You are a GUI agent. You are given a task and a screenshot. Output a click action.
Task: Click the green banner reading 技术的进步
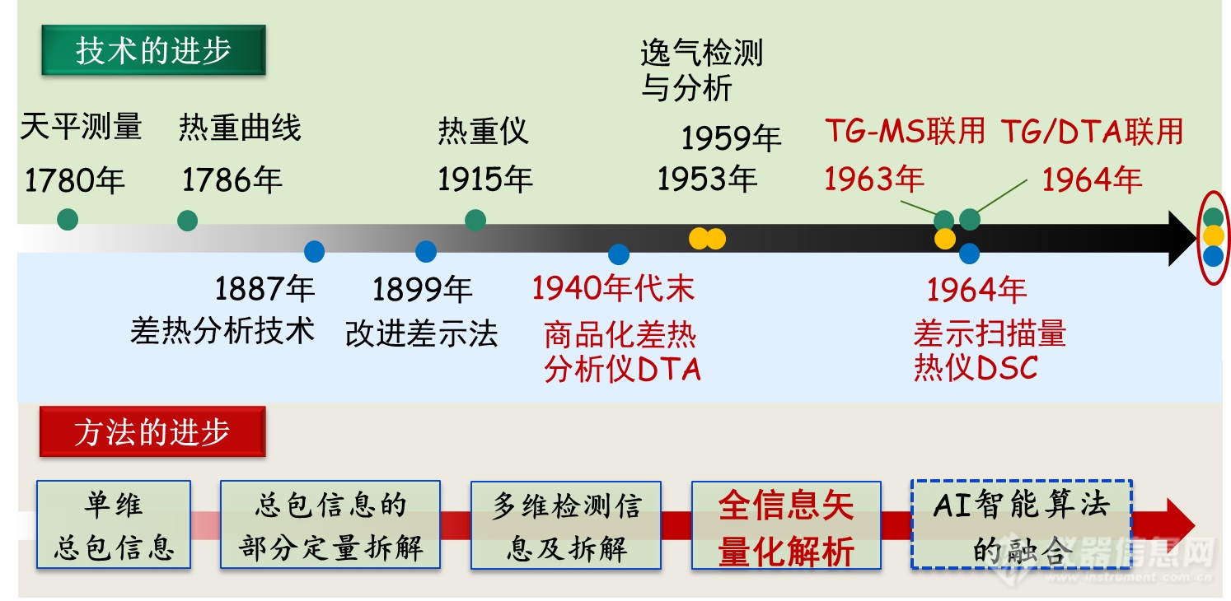[153, 50]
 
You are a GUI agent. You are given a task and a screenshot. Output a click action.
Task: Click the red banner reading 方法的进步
[152, 431]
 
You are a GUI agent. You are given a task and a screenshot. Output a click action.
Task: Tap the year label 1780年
[75, 180]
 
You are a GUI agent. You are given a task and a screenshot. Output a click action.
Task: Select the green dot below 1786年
[187, 221]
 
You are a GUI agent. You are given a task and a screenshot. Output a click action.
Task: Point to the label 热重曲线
[240, 128]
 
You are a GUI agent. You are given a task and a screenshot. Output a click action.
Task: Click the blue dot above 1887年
[315, 251]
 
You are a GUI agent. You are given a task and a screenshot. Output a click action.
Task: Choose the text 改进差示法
[422, 333]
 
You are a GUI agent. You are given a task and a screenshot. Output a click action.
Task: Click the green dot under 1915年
[475, 220]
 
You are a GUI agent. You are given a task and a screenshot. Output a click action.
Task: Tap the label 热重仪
[484, 131]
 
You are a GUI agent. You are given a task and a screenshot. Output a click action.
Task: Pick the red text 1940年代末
[613, 288]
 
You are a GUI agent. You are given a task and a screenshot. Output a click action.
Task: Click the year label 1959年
[732, 137]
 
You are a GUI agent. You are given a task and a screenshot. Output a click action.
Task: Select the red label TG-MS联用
[905, 131]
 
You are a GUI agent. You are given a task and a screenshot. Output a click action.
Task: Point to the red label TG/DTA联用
[1092, 131]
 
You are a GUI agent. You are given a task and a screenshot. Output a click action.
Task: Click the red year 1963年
[874, 179]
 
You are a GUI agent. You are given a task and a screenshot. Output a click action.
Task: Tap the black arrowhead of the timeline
[1182, 238]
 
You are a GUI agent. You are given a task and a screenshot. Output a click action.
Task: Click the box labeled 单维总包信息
[114, 524]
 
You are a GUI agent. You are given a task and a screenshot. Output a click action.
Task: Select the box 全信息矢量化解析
[786, 525]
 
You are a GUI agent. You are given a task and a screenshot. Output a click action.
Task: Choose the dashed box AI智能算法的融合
[1022, 524]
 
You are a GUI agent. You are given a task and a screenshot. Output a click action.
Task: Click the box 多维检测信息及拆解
[566, 525]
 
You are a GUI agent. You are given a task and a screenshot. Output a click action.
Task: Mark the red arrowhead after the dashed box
[1180, 525]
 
